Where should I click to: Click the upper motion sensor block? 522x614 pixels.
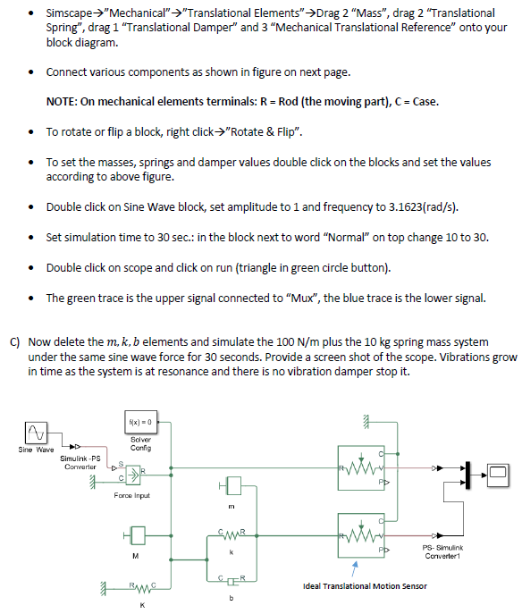(362, 466)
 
